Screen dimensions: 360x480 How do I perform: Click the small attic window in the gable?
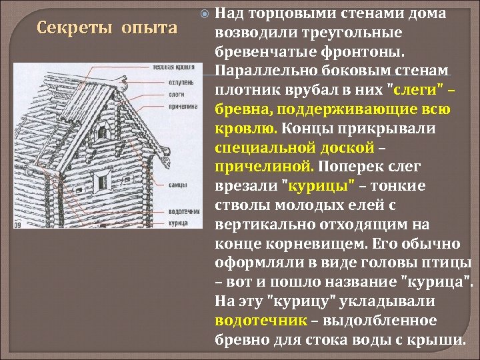[107, 129]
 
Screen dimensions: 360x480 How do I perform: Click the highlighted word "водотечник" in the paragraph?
[261, 320]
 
